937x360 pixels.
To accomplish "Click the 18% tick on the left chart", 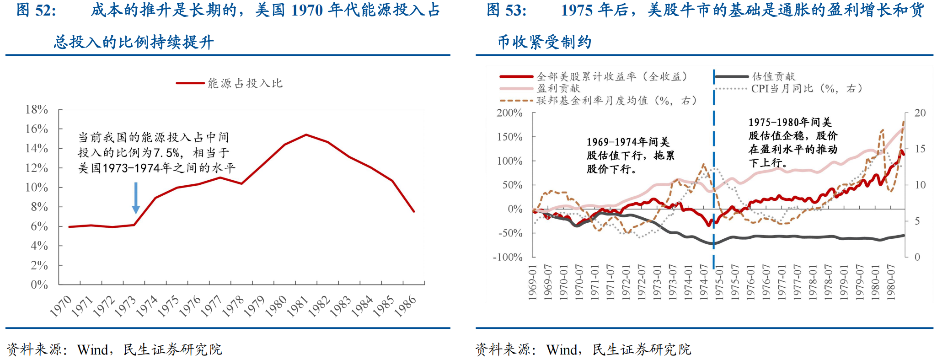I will tap(37, 109).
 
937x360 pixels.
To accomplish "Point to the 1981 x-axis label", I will tap(298, 306).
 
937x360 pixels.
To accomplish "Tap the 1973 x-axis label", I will tap(125, 306).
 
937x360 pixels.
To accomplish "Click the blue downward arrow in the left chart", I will tap(136, 198).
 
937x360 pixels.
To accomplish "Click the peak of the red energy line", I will tap(306, 135).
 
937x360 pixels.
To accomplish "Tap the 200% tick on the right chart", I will tap(509, 113).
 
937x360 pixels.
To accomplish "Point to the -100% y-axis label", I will tap(508, 257).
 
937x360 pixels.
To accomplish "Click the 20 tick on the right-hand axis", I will tap(920, 113).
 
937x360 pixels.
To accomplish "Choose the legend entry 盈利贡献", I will tap(558, 88).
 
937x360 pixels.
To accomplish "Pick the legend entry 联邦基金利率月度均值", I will tap(616, 100).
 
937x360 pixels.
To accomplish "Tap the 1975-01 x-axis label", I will tap(719, 282).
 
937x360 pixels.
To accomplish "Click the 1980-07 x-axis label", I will tap(890, 282).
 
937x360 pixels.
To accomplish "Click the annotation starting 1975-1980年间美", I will tap(792, 142).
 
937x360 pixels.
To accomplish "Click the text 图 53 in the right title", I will tap(506, 10).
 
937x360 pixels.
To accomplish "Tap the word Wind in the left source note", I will tap(93, 350).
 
